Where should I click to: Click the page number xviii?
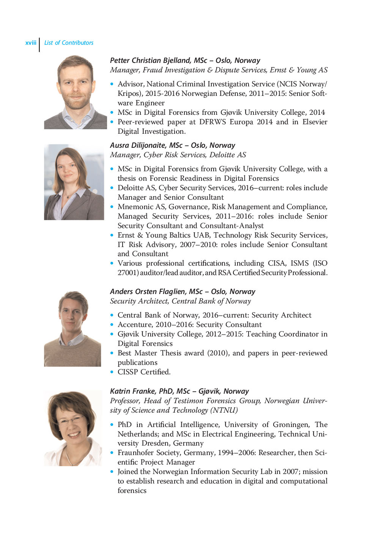point(31,43)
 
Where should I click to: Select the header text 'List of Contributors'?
point(69,43)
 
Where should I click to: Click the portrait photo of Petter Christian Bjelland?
point(75,92)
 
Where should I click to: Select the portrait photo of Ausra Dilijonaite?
point(74,182)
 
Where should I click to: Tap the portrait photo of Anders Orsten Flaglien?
point(72,329)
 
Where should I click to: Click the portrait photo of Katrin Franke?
point(73,428)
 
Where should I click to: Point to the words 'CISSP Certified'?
point(143,372)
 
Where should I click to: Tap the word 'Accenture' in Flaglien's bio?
point(135,325)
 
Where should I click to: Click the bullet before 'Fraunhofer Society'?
point(112,453)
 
